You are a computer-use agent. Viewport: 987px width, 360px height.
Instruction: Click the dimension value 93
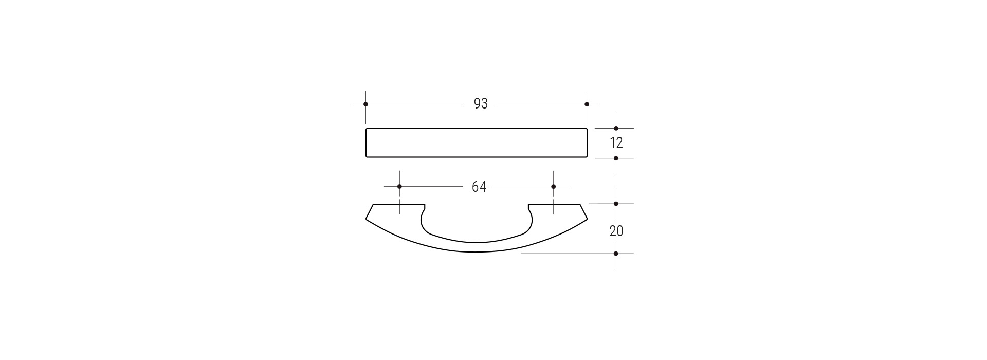point(480,104)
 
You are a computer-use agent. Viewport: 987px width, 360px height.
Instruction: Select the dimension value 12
point(616,143)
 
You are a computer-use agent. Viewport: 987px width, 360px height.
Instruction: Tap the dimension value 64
point(479,187)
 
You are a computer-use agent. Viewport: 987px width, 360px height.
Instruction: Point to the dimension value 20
point(616,231)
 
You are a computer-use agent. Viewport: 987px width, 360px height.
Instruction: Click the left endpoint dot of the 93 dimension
point(365,104)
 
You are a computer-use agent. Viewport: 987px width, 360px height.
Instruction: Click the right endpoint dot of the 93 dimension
point(587,104)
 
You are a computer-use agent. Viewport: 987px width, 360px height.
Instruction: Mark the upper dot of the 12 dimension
point(616,128)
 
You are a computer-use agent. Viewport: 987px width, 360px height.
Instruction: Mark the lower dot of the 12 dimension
point(616,158)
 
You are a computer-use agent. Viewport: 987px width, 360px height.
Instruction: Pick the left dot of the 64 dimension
point(399,186)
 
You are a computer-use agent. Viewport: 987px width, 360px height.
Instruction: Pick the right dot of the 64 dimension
point(553,186)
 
